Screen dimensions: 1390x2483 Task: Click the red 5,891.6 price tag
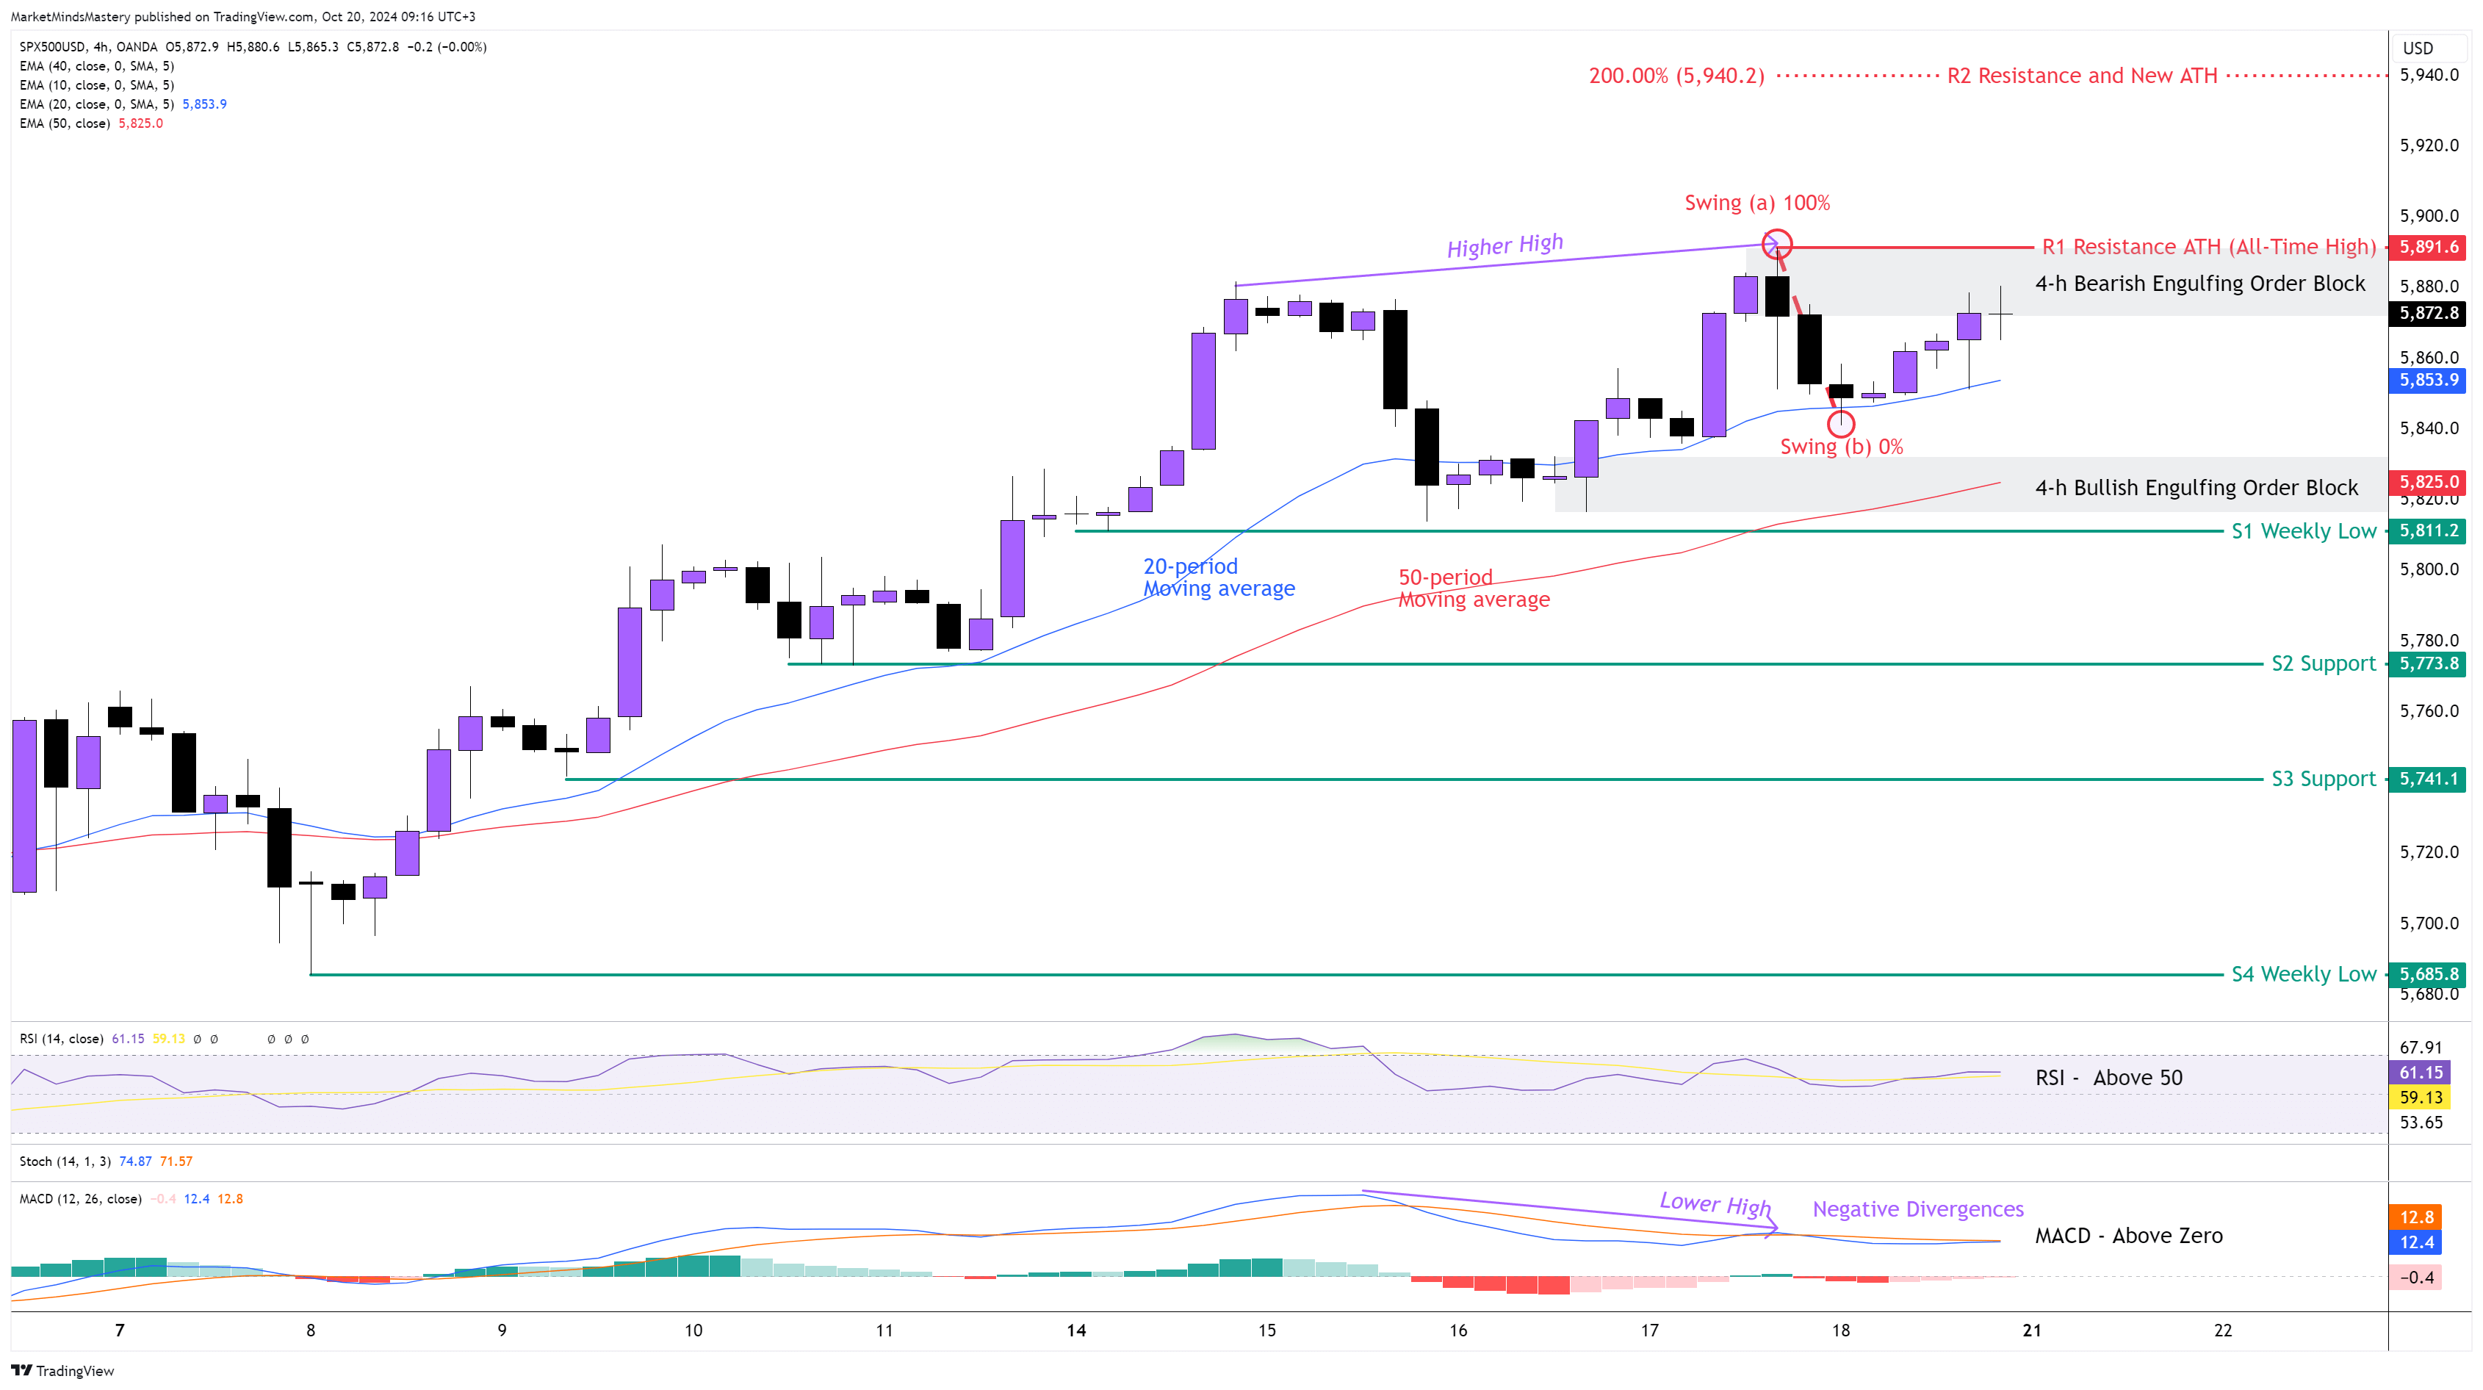2428,247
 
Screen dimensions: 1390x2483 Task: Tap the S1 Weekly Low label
2303,531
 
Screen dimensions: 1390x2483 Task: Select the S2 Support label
2323,663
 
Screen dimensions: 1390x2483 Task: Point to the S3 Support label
2323,779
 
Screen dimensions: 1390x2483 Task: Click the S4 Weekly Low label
2303,974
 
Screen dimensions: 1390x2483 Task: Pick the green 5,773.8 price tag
2428,663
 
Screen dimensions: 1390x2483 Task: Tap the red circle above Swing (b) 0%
1841,422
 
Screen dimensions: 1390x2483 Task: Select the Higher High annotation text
1504,246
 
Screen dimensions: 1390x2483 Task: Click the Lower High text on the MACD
1715,1204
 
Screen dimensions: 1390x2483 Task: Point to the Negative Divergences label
1917,1209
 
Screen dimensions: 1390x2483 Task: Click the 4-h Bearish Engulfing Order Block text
2199,284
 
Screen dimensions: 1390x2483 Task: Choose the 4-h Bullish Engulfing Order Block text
2196,488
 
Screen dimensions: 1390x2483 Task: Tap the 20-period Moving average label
1219,577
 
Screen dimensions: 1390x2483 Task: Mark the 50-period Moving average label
1473,588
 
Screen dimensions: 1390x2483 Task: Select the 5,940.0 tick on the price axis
2428,75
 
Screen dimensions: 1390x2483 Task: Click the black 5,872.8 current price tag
2428,313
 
